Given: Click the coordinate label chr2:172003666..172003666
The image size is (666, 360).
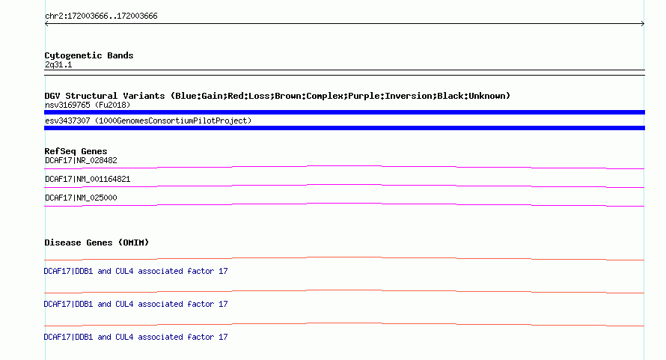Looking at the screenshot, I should (x=101, y=16).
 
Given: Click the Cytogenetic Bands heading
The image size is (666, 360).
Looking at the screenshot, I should (x=89, y=55).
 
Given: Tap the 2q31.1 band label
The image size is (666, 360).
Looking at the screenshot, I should (x=58, y=64).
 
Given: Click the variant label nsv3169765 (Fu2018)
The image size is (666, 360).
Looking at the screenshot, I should (x=85, y=105).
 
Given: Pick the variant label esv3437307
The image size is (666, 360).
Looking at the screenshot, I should (x=68, y=120).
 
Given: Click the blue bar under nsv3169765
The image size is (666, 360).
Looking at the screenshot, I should (x=344, y=112).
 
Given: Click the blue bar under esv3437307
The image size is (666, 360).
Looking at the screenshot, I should (x=344, y=128).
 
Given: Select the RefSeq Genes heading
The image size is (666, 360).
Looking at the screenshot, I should (x=76, y=151).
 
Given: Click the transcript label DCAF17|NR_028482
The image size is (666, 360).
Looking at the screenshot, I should (x=81, y=160).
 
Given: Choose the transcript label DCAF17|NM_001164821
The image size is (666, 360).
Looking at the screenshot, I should (x=88, y=179).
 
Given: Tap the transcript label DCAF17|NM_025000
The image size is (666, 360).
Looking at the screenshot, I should (x=81, y=198).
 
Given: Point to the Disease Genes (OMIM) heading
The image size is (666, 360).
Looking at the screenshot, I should (x=97, y=242).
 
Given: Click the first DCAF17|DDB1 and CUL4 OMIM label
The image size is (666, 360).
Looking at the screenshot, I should (x=136, y=271).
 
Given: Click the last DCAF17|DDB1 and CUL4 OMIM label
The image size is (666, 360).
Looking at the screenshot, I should (x=136, y=337).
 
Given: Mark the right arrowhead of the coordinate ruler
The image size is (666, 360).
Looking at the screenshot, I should (x=642, y=24).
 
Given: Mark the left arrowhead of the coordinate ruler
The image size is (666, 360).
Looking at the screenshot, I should (x=47, y=24).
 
